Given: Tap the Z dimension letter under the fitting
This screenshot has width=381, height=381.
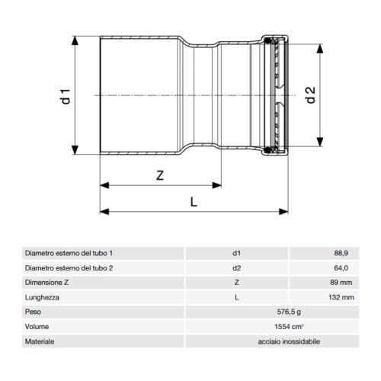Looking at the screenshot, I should tap(160, 175).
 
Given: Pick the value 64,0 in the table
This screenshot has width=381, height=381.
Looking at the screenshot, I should tap(341, 267).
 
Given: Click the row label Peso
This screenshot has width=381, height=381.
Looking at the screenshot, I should tap(34, 312).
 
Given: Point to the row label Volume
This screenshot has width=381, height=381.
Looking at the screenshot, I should tap(37, 327).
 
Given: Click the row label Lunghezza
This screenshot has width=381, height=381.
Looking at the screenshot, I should tap(42, 297).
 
